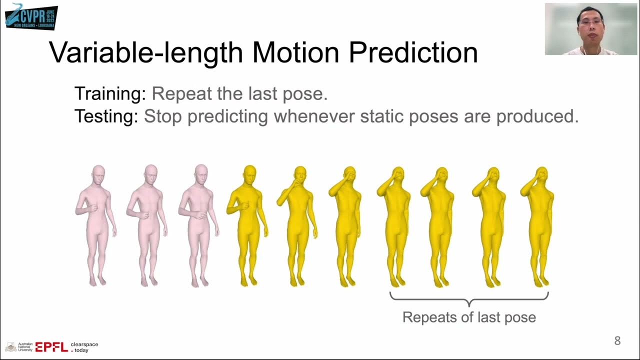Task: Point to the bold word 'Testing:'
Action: tap(106, 116)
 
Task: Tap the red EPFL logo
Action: tap(51, 347)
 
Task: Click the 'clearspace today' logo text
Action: tap(84, 347)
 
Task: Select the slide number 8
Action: tap(617, 341)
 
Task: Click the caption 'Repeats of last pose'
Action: tap(469, 317)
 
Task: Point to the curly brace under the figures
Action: tap(469, 299)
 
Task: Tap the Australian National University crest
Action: tap(10, 347)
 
